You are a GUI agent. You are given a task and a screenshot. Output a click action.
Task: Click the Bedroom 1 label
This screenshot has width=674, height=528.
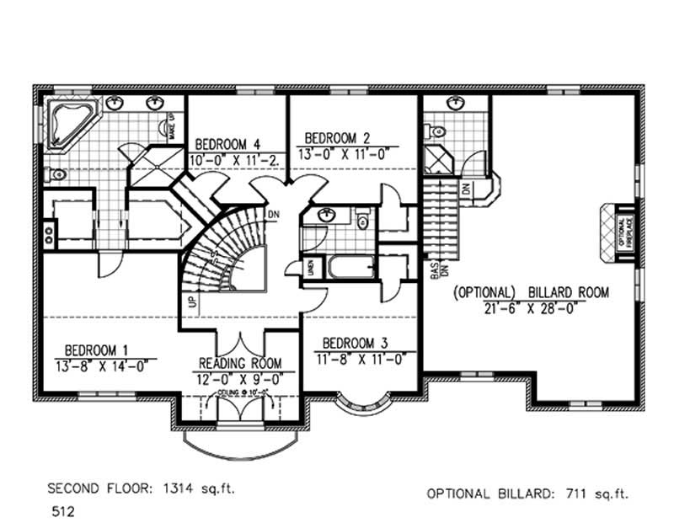(x=97, y=347)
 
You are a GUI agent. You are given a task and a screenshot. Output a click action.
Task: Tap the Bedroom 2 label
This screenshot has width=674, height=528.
(x=337, y=137)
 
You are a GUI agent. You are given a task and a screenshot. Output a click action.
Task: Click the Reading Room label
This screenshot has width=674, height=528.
(x=240, y=363)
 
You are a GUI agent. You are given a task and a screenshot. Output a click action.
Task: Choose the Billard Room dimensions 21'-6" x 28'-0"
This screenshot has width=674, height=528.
(x=530, y=308)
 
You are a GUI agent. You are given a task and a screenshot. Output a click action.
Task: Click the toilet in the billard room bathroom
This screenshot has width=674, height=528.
(x=435, y=131)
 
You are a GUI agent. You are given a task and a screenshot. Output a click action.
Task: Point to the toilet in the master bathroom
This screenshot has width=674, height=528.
(x=56, y=175)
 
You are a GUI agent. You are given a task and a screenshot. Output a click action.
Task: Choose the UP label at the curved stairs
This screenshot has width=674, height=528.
(x=193, y=301)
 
